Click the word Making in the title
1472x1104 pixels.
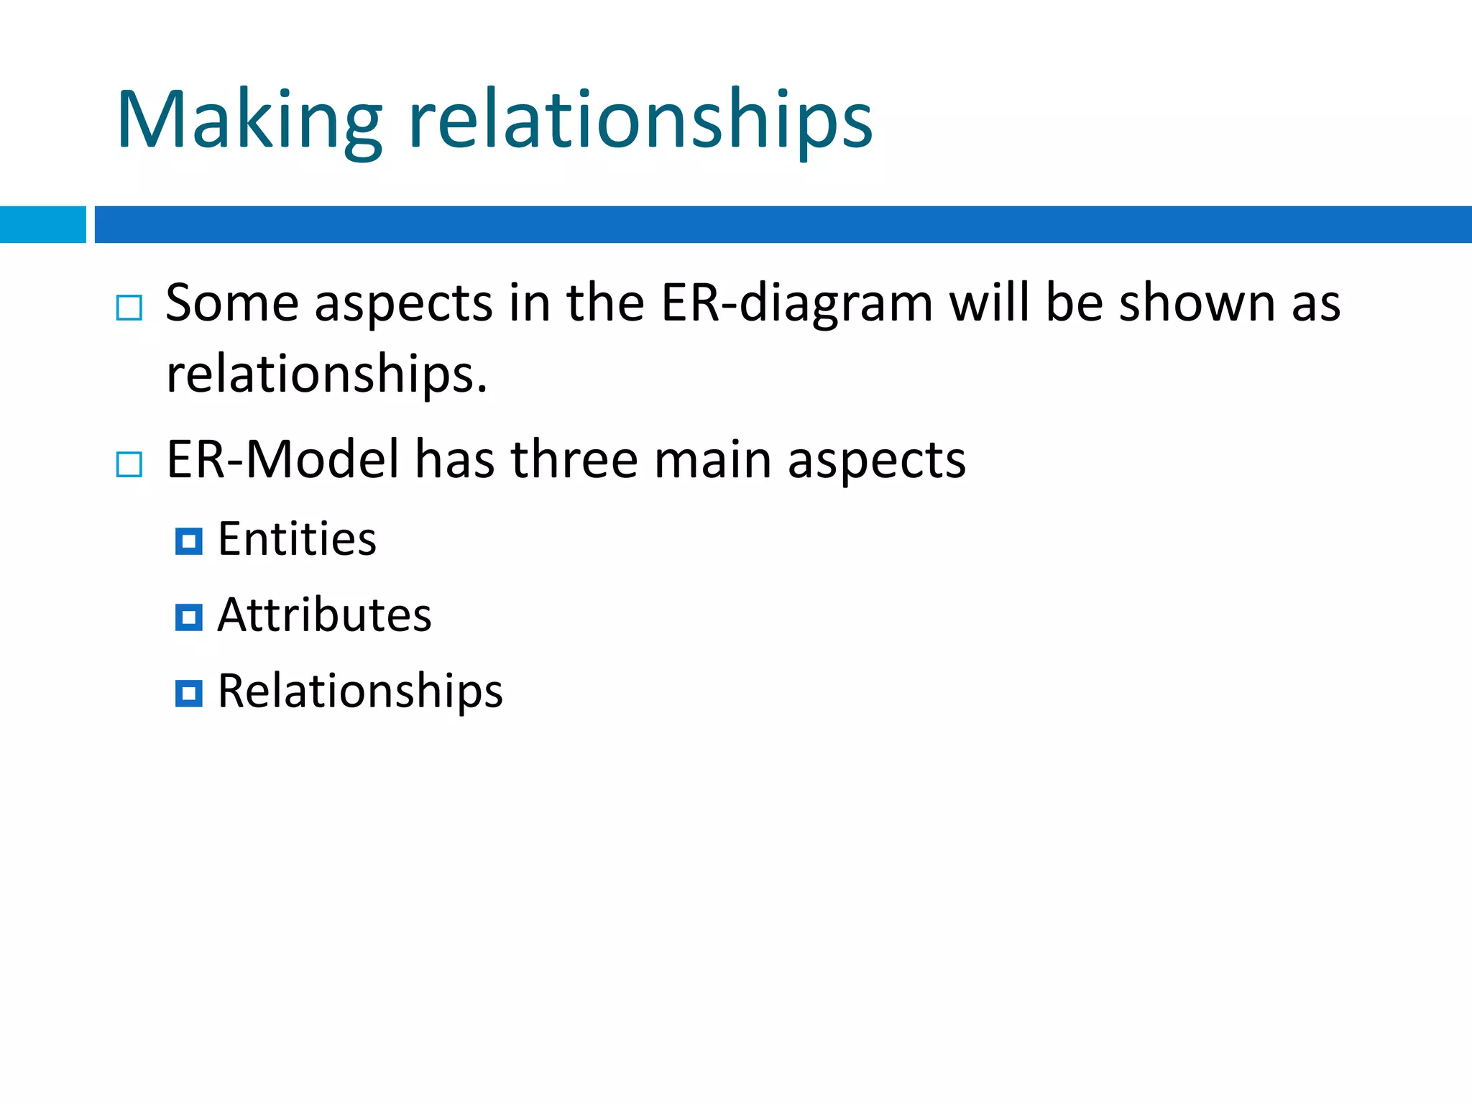(x=249, y=120)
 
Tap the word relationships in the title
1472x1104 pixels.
(x=640, y=120)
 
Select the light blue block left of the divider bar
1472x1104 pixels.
(x=42, y=224)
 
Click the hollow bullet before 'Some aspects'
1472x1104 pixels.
(x=129, y=308)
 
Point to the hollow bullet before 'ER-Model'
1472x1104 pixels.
(x=129, y=464)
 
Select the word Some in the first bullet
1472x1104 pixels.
(x=231, y=303)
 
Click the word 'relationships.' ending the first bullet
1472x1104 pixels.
(x=327, y=374)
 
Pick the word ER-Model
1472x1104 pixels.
(x=282, y=460)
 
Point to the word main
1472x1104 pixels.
(x=712, y=460)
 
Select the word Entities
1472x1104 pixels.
(x=297, y=538)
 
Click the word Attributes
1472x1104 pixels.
(x=324, y=615)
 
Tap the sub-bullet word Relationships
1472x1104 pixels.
(x=360, y=691)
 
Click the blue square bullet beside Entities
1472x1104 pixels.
(x=188, y=541)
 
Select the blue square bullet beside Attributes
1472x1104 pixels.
(x=188, y=617)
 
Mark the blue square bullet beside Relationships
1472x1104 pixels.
(x=188, y=694)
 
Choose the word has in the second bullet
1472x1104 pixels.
(x=454, y=460)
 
